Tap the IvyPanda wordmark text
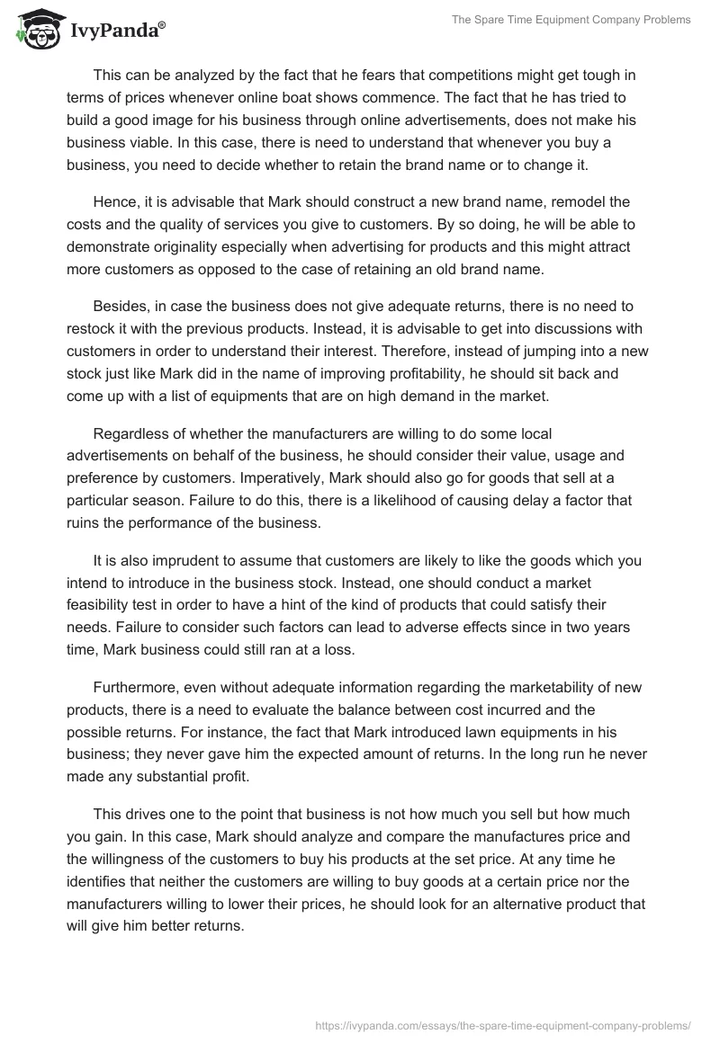pos(117,30)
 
